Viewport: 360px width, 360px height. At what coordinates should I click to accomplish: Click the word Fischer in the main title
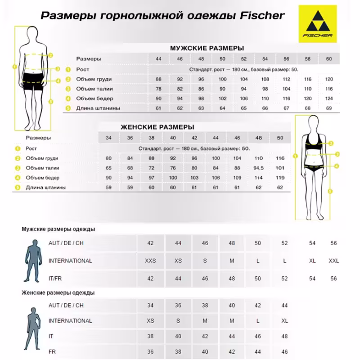[260, 16]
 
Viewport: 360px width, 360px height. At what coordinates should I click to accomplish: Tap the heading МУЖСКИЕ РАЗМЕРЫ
[207, 48]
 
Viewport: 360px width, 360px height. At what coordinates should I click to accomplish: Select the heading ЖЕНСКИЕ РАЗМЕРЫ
[157, 127]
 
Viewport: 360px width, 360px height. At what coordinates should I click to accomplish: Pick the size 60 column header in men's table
[329, 59]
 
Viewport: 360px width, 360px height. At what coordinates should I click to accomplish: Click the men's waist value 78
[158, 89]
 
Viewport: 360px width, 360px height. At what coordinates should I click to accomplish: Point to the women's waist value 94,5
[259, 168]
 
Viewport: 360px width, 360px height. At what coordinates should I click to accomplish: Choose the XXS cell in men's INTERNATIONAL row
[150, 261]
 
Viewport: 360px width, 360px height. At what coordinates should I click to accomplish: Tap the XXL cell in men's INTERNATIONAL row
[333, 261]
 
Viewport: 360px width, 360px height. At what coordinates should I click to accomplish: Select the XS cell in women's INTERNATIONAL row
[150, 321]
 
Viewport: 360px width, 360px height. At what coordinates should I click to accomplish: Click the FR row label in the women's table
[52, 351]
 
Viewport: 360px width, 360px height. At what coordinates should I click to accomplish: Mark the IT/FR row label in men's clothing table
[56, 279]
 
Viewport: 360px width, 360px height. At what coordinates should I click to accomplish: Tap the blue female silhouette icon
[33, 326]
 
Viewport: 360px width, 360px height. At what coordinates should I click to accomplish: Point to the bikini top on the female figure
[313, 144]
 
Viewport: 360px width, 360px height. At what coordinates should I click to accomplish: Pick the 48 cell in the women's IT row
[284, 336]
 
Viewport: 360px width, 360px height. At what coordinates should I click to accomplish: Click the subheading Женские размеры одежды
[58, 293]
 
